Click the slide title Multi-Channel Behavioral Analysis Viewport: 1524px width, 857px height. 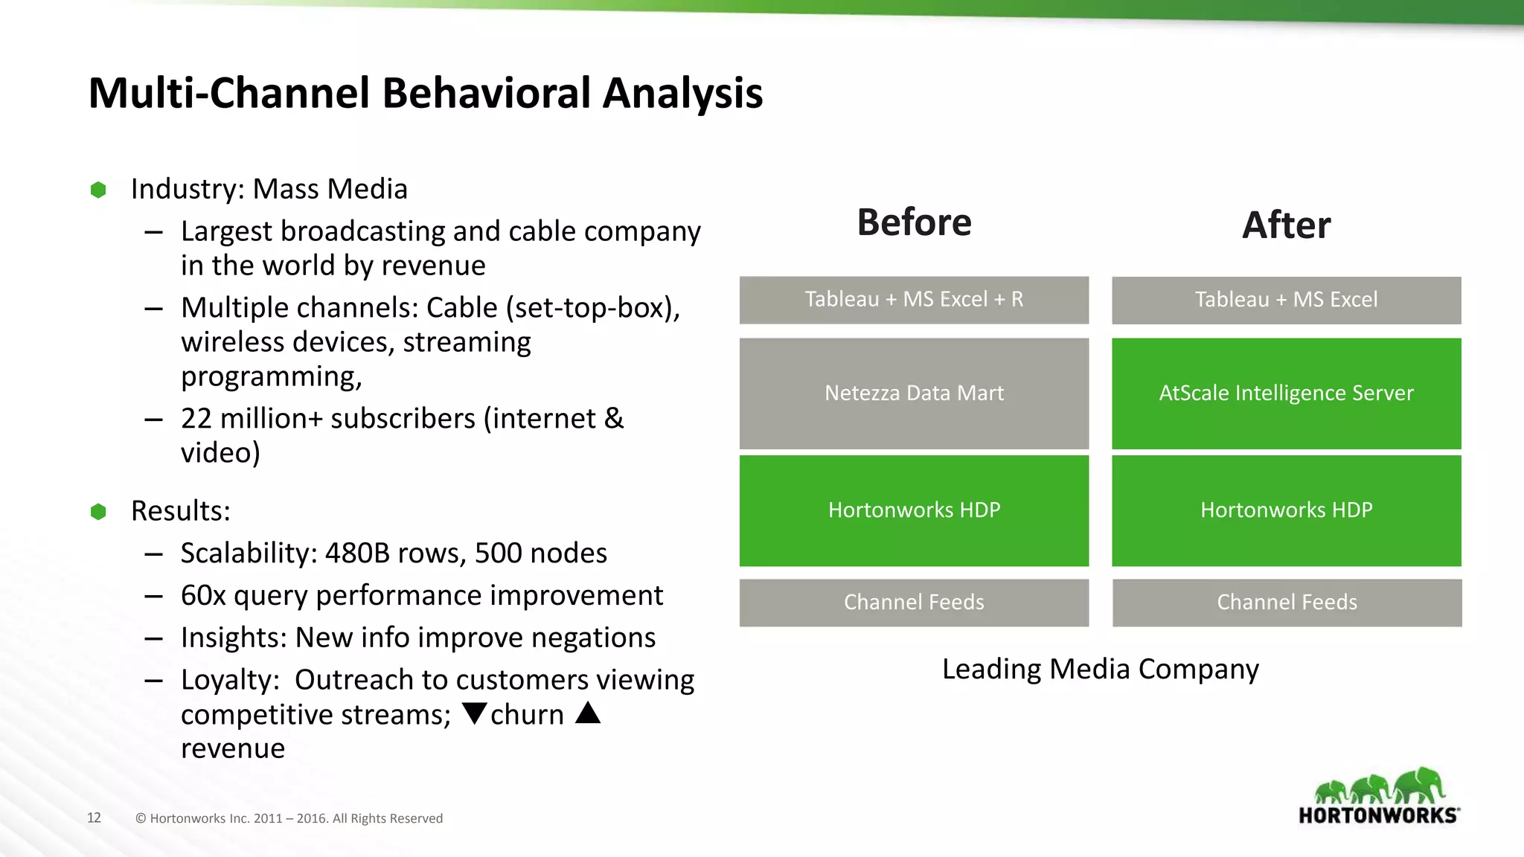pos(425,94)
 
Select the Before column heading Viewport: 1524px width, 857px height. pos(914,222)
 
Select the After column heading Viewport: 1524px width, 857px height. pos(1286,225)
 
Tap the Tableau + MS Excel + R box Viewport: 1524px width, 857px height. pos(914,300)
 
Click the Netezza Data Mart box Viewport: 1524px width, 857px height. pos(914,393)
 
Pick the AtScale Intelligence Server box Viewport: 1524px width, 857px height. pos(1286,393)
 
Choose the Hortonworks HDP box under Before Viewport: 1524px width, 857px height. pos(914,510)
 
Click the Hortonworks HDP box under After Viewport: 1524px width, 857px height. pos(1286,510)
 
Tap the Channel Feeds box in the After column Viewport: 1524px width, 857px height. pos(1287,603)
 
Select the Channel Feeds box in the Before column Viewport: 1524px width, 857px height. pos(914,603)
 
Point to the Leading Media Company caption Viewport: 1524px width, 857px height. pos(1100,669)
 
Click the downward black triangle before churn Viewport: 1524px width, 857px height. pos(474,713)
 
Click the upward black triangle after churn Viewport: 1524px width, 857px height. pos(588,713)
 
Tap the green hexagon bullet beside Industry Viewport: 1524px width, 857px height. pos(98,190)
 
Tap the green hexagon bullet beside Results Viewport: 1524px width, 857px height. pos(98,512)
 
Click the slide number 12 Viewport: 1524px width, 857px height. pos(94,818)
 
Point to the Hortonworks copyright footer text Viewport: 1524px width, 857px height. pos(289,818)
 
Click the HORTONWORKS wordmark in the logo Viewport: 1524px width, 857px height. pos(1377,815)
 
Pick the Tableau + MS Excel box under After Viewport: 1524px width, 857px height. pos(1286,300)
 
